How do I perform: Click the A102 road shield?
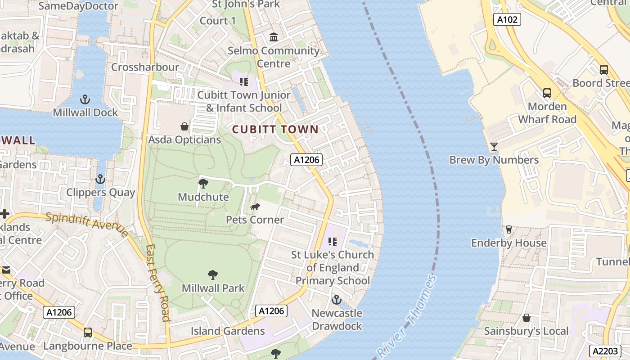pos(507,19)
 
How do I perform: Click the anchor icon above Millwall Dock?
pos(85,99)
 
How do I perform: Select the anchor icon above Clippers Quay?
pos(100,180)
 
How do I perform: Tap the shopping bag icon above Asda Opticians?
pos(184,126)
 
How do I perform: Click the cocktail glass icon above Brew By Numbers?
pos(494,147)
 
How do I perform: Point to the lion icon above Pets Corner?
pos(255,207)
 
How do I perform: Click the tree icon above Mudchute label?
pos(203,184)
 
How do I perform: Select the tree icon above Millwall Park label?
pos(213,275)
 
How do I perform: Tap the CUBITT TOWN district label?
pos(275,130)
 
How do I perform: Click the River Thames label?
pos(407,315)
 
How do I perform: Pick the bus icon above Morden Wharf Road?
pos(547,93)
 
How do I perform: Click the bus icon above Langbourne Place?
pos(88,333)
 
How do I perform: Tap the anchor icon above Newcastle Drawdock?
pos(337,300)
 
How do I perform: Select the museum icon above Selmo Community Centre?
pos(274,37)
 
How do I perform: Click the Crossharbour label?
pos(145,67)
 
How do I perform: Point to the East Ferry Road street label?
pos(158,283)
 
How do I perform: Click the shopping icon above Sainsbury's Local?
pos(526,318)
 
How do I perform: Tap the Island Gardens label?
pos(228,331)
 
